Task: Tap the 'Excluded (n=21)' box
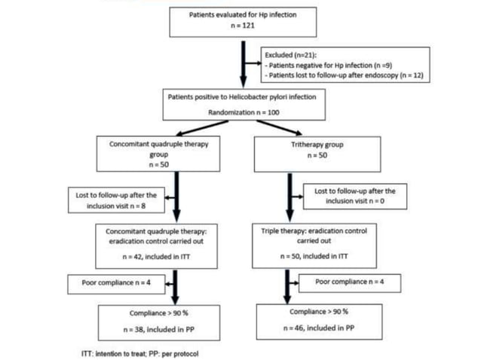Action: click(345, 66)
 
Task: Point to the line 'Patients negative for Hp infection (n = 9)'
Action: click(334, 66)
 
